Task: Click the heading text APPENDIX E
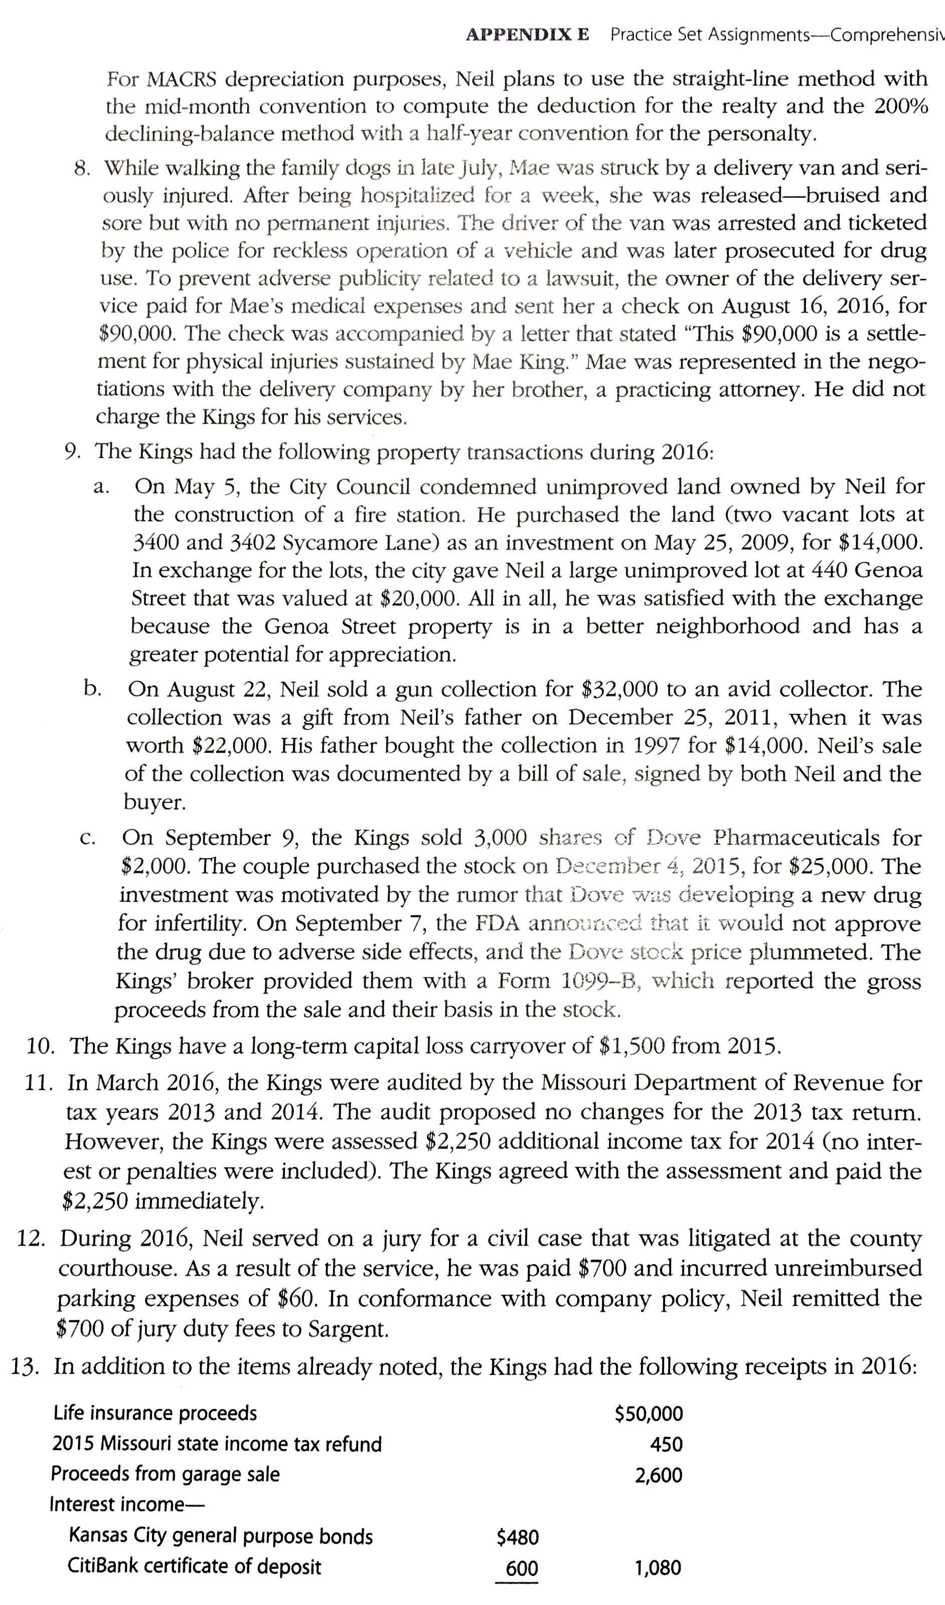pos(527,35)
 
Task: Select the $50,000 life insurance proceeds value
pos(648,1414)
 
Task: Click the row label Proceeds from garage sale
pos(165,1474)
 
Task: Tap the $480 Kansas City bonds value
pos(517,1537)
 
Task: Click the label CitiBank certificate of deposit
pos(194,1566)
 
